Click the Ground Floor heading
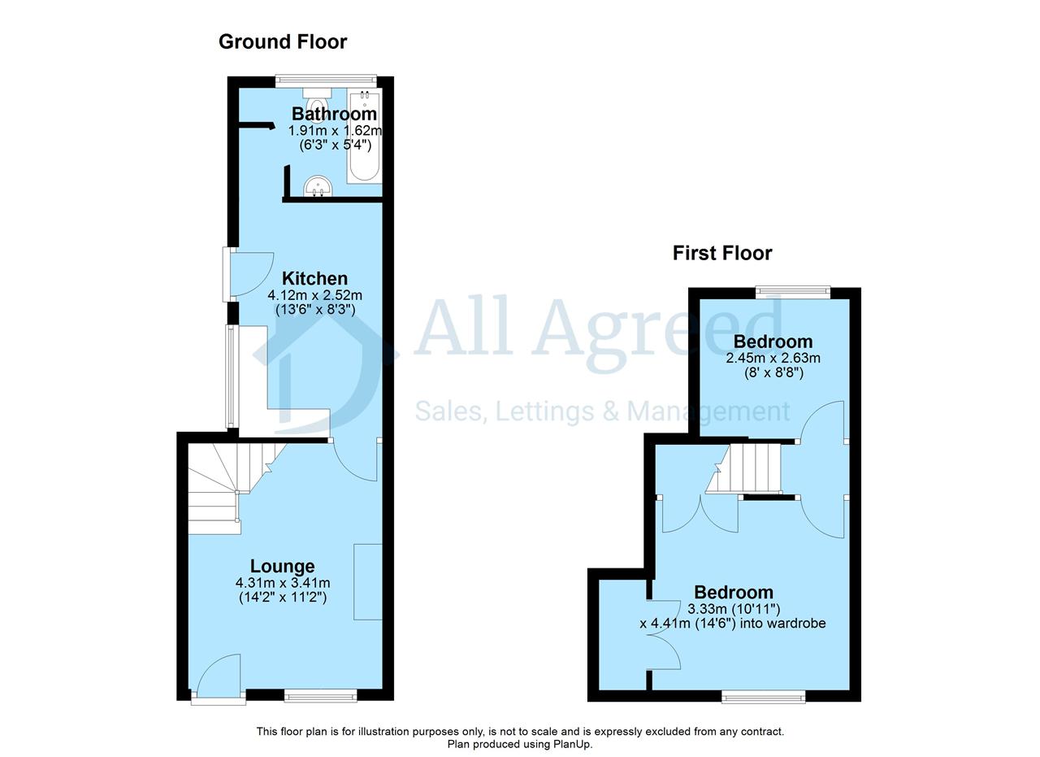tap(283, 41)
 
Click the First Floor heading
tap(722, 253)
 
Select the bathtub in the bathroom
tap(365, 135)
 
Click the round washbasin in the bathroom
tap(318, 186)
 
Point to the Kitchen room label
tap(314, 278)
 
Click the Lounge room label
tap(282, 566)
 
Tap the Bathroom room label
tap(334, 114)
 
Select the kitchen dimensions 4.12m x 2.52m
tap(314, 295)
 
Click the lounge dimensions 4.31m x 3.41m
tap(283, 583)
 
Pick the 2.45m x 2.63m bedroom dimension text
tap(773, 359)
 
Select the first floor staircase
tap(743, 468)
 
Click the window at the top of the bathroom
tap(326, 80)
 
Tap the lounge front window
tap(320, 696)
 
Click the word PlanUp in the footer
tap(572, 744)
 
